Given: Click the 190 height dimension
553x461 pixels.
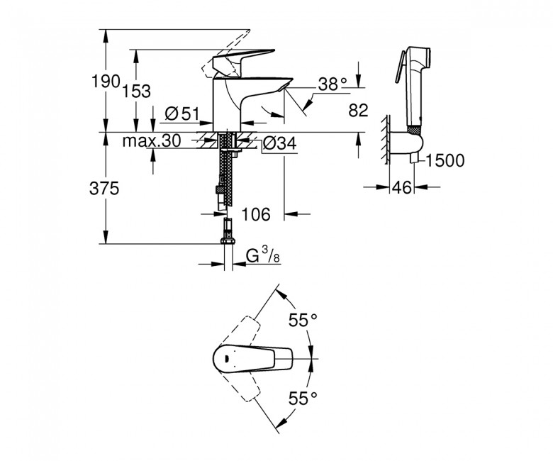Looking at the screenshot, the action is coord(105,82).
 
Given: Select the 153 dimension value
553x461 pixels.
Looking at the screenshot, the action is coord(136,91).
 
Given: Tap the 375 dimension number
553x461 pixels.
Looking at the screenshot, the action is coord(104,189).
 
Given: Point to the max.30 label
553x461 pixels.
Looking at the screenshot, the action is coord(151,140).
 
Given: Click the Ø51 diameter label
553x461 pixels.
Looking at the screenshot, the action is coord(182,114).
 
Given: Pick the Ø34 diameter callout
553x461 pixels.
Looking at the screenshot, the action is coord(279,143).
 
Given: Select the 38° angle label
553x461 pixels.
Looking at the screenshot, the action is coord(333,84).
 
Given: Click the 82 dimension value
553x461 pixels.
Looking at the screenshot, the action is coord(358,111).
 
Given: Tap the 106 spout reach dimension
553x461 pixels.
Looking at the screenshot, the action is coord(256,213).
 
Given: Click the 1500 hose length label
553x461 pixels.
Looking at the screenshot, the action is coord(445,160).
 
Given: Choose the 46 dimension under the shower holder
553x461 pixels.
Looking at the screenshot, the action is coord(402,187).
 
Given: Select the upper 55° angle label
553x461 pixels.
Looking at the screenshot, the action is coord(303,321).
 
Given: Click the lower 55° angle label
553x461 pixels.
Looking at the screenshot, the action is coord(303,398).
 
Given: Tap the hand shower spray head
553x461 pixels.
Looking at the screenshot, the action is coord(418,58).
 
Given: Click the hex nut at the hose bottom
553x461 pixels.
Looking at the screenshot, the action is coord(228,240).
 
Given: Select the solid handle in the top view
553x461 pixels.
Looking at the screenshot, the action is coord(253,359).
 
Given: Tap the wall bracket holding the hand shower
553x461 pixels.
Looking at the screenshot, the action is coord(405,143).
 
